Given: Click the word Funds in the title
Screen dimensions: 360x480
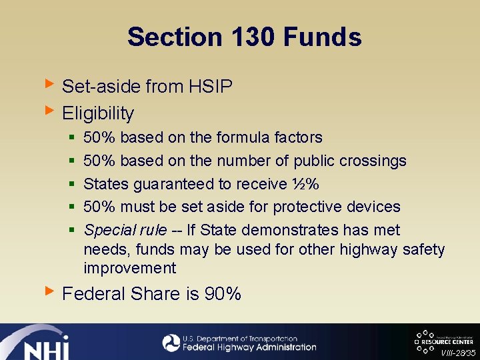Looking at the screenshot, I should pyautogui.click(x=323, y=37).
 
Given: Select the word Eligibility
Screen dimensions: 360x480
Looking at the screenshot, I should pyautogui.click(x=98, y=113).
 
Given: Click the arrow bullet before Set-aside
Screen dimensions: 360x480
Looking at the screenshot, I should pyautogui.click(x=48, y=84).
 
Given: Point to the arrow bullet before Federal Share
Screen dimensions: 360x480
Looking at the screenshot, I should pyautogui.click(x=48, y=291).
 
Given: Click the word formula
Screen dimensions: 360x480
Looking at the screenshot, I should pyautogui.click(x=243, y=138).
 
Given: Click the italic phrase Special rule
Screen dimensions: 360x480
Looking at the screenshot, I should pyautogui.click(x=125, y=231).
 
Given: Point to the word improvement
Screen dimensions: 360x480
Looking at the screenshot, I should pyautogui.click(x=130, y=269).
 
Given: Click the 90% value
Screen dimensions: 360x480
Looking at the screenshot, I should pyautogui.click(x=223, y=294).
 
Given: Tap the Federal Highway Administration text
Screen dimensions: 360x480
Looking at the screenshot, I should pyautogui.click(x=249, y=347).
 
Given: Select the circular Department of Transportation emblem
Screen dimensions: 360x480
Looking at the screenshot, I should pyautogui.click(x=171, y=343).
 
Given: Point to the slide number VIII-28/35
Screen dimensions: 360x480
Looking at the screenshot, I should pyautogui.click(x=458, y=353).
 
